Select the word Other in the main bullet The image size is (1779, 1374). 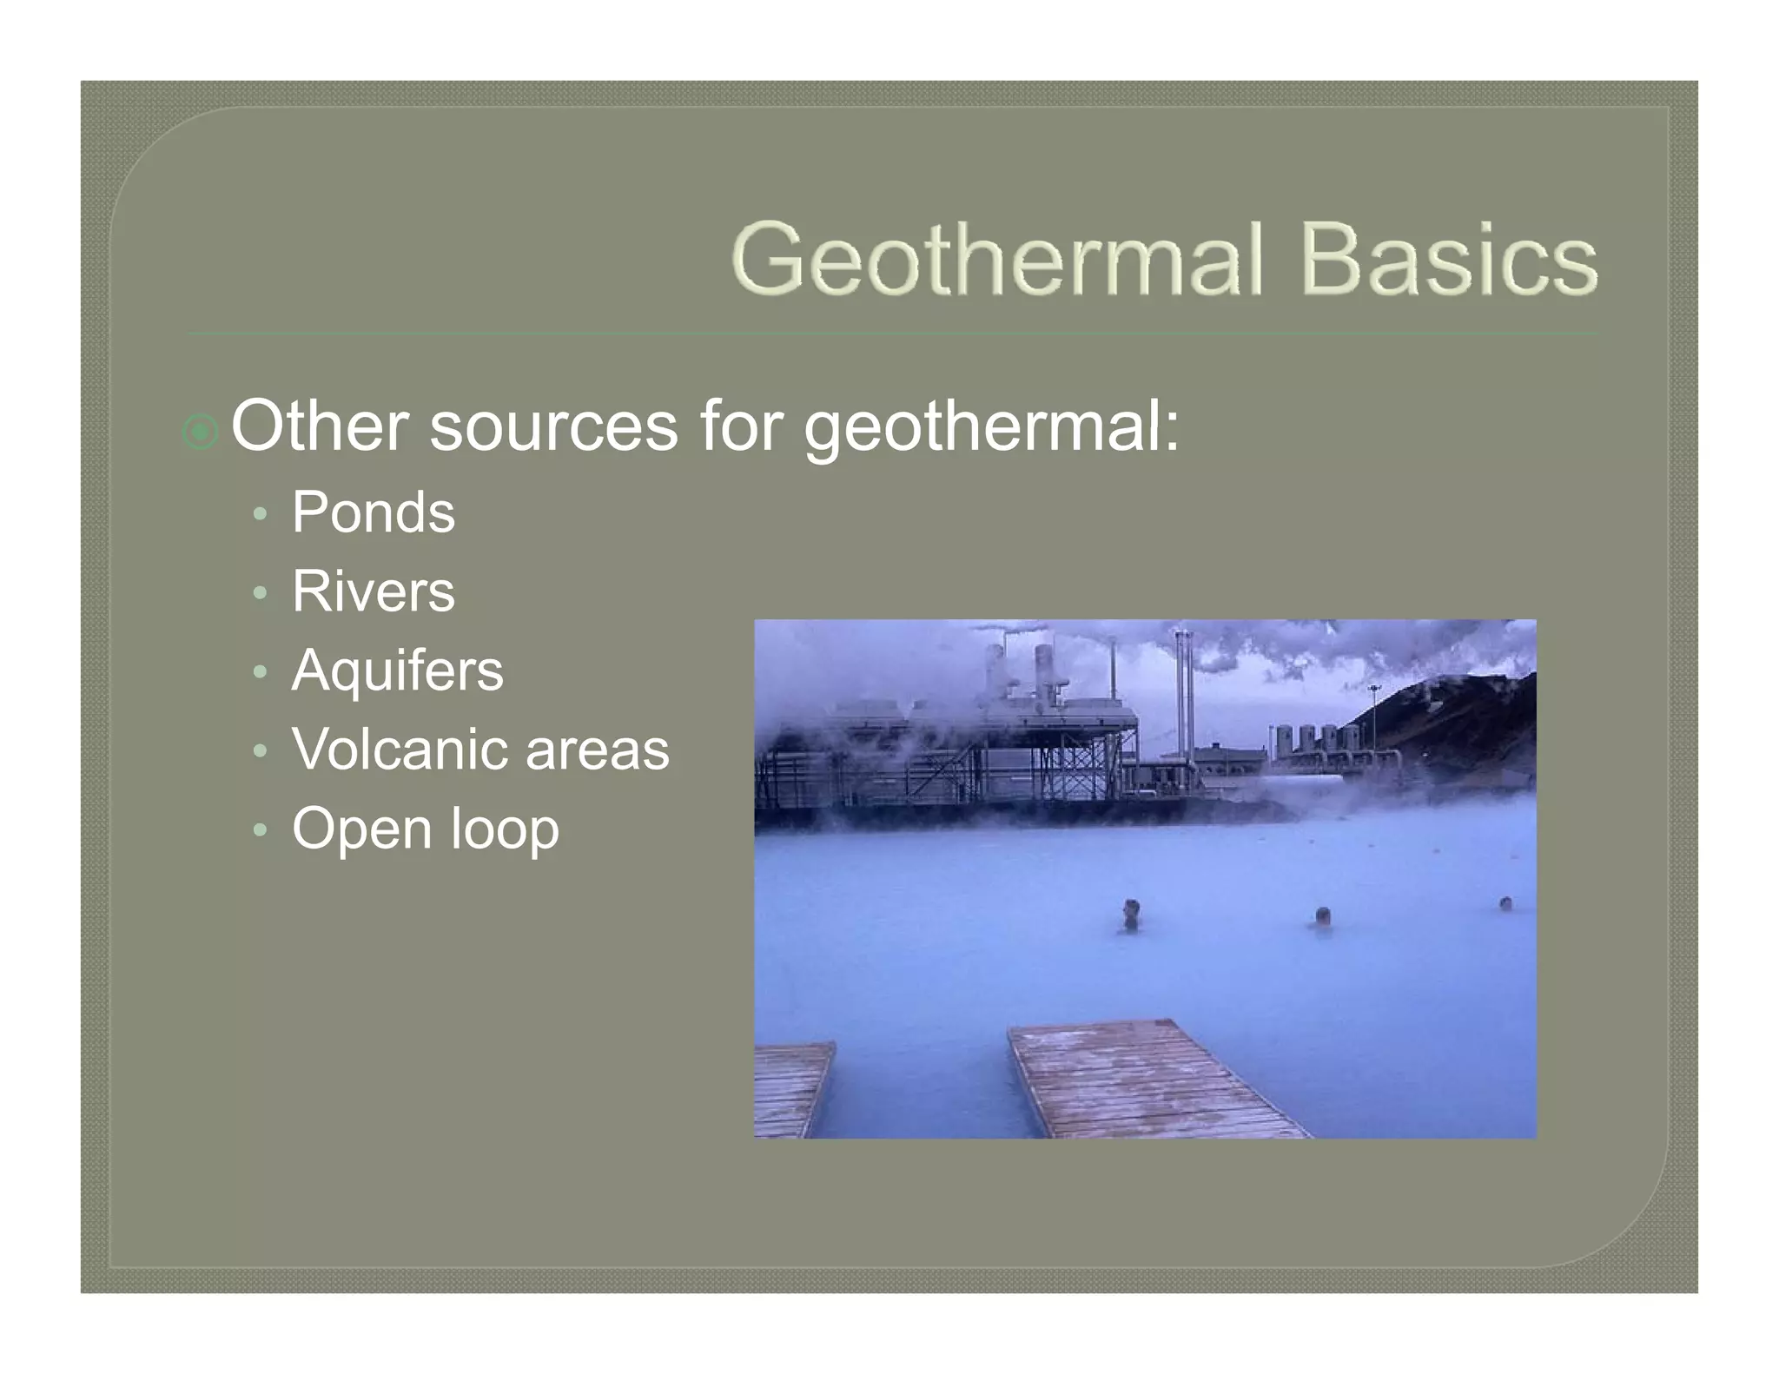(x=319, y=426)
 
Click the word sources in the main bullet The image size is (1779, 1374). (x=553, y=427)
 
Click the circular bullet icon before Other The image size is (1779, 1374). (x=201, y=432)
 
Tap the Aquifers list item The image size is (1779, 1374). (x=397, y=670)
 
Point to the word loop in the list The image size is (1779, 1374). (x=505, y=830)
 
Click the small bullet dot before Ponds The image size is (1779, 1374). (x=259, y=514)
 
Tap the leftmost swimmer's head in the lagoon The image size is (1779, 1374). (x=1130, y=908)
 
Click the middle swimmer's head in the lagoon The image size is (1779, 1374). (x=1322, y=915)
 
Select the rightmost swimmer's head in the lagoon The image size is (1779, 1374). (x=1505, y=903)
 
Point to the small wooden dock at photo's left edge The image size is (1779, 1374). (x=790, y=1089)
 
